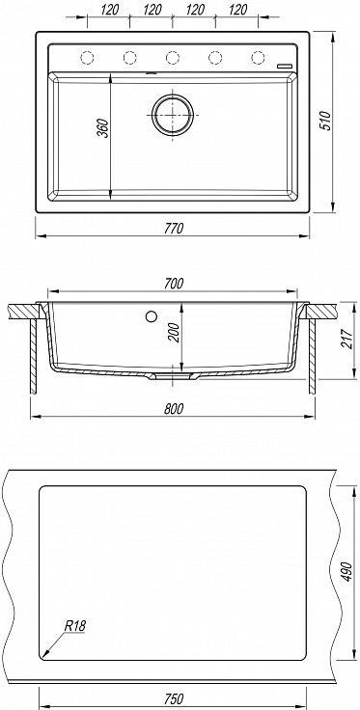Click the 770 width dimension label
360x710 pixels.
174,229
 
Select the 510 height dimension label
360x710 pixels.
326,121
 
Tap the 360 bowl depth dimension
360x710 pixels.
103,128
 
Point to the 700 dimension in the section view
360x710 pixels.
174,284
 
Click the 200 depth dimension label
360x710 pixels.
175,333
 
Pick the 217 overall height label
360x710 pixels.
346,339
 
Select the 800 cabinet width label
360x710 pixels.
174,408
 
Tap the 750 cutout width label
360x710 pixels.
174,698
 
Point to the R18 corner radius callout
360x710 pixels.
74,626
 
